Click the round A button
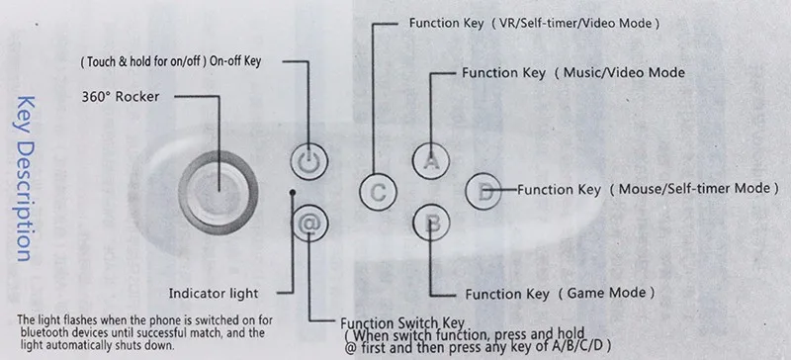click(431, 160)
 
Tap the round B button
click(431, 224)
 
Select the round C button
click(378, 193)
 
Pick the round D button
click(483, 191)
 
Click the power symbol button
click(309, 161)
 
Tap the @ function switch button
click(309, 224)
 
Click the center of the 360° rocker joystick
click(219, 193)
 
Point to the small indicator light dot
click(293, 193)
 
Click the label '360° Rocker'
click(121, 97)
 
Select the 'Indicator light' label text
click(214, 293)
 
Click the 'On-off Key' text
click(235, 61)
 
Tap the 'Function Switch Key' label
click(402, 323)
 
